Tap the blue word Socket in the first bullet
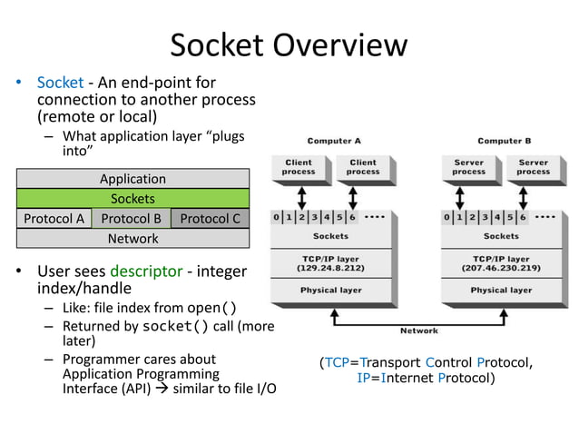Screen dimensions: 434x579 [60, 83]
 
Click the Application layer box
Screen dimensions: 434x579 [132, 179]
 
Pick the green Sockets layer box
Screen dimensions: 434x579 [132, 198]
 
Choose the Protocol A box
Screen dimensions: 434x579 [54, 218]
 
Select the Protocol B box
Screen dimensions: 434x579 [132, 218]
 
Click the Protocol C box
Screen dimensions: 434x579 [210, 218]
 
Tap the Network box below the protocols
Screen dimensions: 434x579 [132, 238]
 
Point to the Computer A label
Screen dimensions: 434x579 [334, 141]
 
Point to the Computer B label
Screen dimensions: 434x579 [505, 141]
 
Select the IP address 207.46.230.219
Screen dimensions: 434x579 [502, 267]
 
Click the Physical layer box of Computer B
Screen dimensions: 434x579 [502, 291]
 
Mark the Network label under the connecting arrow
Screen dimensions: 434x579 [418, 330]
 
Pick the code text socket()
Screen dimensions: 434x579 [176, 325]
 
